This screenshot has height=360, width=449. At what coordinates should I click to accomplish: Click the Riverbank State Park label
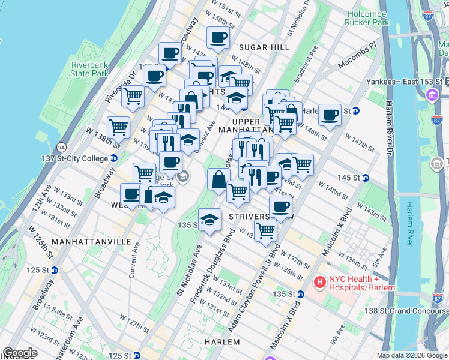(89, 68)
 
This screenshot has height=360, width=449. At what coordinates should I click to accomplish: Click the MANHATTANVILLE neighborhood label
(91, 241)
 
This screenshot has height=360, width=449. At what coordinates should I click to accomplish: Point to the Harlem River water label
(410, 222)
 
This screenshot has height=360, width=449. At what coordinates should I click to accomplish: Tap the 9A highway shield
(61, 147)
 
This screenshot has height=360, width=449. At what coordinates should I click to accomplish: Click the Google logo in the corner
(20, 353)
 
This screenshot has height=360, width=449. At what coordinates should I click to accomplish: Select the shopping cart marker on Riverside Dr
(133, 94)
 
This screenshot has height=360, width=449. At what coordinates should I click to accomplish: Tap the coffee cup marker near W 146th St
(329, 114)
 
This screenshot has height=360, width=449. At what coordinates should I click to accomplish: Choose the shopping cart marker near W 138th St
(119, 127)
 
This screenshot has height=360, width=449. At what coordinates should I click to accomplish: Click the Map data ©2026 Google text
(411, 355)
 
